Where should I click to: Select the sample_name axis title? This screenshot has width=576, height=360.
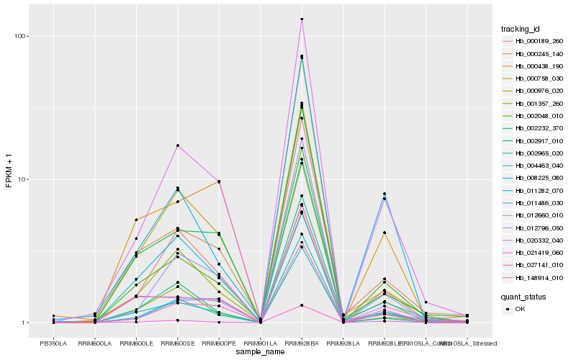point(259,352)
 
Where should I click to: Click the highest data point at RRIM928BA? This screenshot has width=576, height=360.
point(302,19)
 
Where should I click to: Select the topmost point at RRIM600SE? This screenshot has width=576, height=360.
point(177,145)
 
